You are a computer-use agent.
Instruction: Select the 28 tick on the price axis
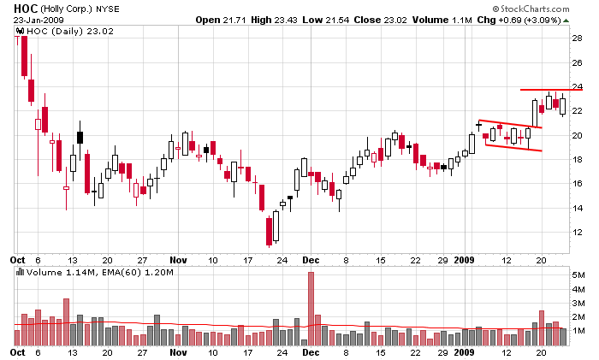(x=578, y=38)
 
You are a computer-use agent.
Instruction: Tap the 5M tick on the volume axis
(x=579, y=274)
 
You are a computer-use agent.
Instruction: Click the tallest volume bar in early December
(x=311, y=308)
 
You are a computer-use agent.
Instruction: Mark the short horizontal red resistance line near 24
(x=544, y=90)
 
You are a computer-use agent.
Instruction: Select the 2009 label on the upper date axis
(x=464, y=257)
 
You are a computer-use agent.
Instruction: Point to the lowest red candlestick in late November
(x=270, y=231)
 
